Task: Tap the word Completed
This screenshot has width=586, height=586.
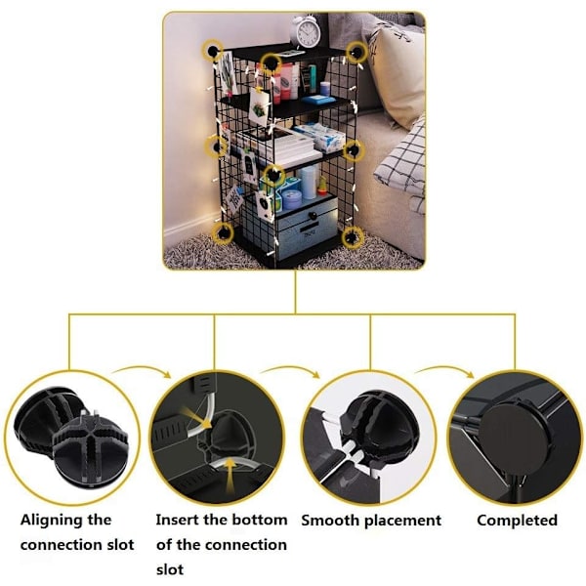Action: coord(518,521)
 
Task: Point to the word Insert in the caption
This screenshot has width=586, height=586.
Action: coord(177,520)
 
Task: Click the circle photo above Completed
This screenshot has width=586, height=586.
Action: coord(516,438)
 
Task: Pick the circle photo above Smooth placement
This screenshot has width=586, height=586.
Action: coord(369,438)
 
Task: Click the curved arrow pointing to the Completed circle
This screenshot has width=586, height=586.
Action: coord(444,370)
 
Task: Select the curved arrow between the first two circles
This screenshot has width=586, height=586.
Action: coord(142,370)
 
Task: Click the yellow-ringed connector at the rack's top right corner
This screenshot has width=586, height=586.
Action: coord(356,53)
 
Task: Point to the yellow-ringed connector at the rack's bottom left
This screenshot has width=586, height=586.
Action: coord(223,233)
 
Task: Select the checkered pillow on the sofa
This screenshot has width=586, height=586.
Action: coord(401,164)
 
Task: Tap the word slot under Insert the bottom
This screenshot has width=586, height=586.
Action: coord(170,569)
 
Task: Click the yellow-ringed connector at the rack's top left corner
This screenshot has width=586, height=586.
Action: coord(213,50)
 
